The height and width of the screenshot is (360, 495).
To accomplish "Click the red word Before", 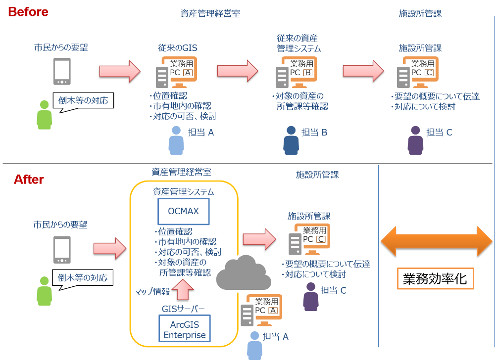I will (28, 11).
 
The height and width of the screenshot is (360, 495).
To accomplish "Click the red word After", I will (29, 180).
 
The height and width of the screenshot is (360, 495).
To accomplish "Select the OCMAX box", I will (183, 211).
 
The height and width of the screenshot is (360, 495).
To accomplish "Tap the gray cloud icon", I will (243, 272).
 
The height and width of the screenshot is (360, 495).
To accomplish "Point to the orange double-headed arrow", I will (436, 241).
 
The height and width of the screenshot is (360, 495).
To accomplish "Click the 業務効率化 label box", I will (436, 278).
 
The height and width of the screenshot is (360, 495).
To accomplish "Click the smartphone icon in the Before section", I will (62, 71).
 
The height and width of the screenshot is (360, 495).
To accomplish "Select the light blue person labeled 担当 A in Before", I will (176, 140).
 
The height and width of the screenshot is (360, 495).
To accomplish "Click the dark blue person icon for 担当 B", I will (292, 140).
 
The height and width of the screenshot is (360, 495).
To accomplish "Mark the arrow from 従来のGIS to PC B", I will (237, 71).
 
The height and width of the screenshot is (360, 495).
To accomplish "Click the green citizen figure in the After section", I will (45, 291).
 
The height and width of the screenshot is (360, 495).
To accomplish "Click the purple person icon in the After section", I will (311, 296).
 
